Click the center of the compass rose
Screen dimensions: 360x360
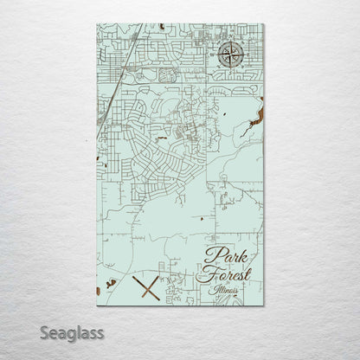point(230,56)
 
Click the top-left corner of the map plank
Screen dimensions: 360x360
point(96,23)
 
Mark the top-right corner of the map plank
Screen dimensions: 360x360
point(263,23)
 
